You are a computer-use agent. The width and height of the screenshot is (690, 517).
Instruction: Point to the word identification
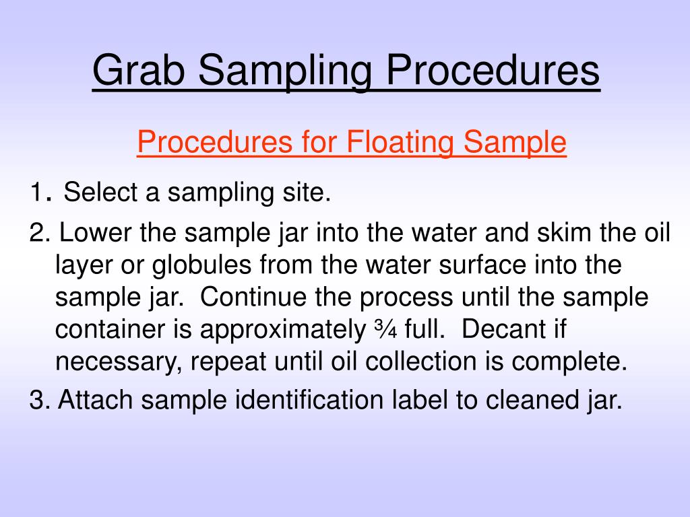[x=310, y=400]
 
